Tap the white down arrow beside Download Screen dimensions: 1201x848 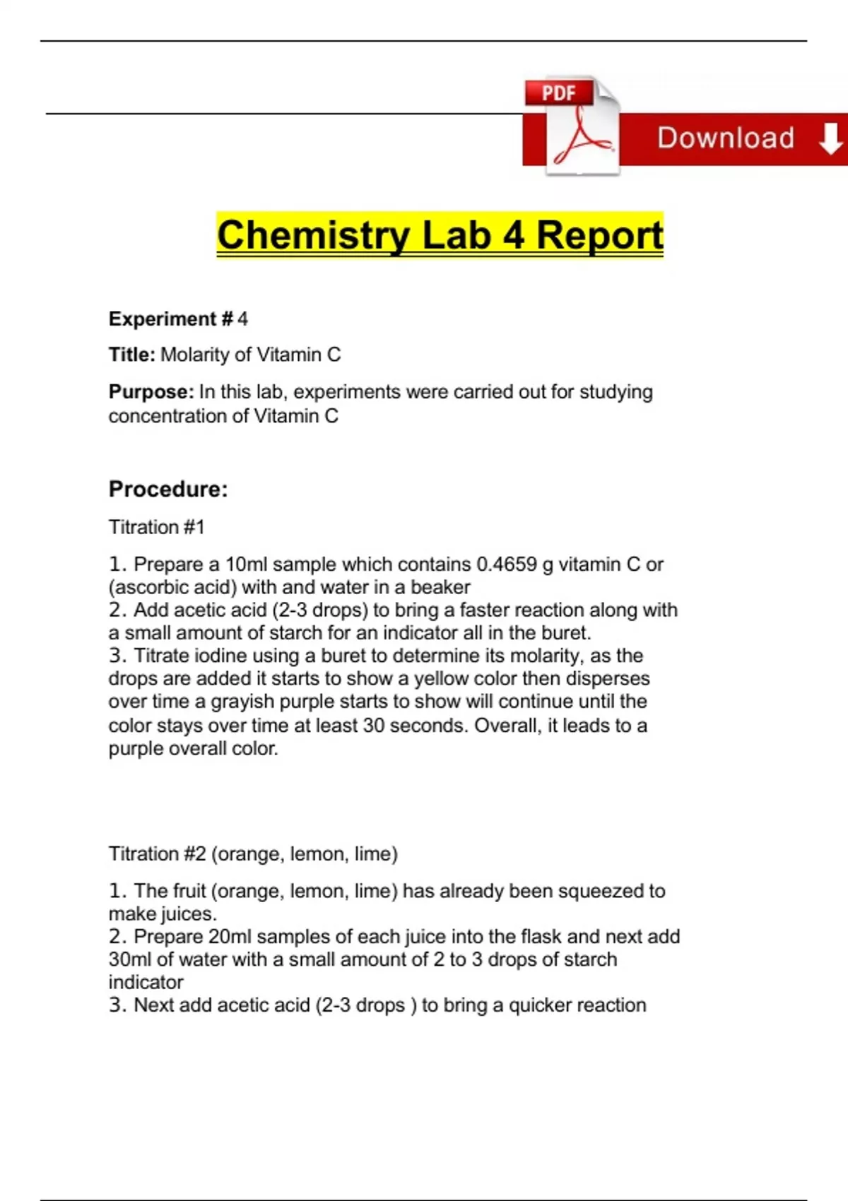tap(830, 138)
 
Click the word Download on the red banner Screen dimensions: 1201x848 tap(726, 138)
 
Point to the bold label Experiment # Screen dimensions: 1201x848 tap(170, 319)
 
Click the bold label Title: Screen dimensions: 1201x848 tap(131, 355)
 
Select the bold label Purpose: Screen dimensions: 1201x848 tap(151, 392)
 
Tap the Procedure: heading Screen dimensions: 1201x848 tap(168, 489)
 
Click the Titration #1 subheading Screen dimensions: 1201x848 tap(156, 527)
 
